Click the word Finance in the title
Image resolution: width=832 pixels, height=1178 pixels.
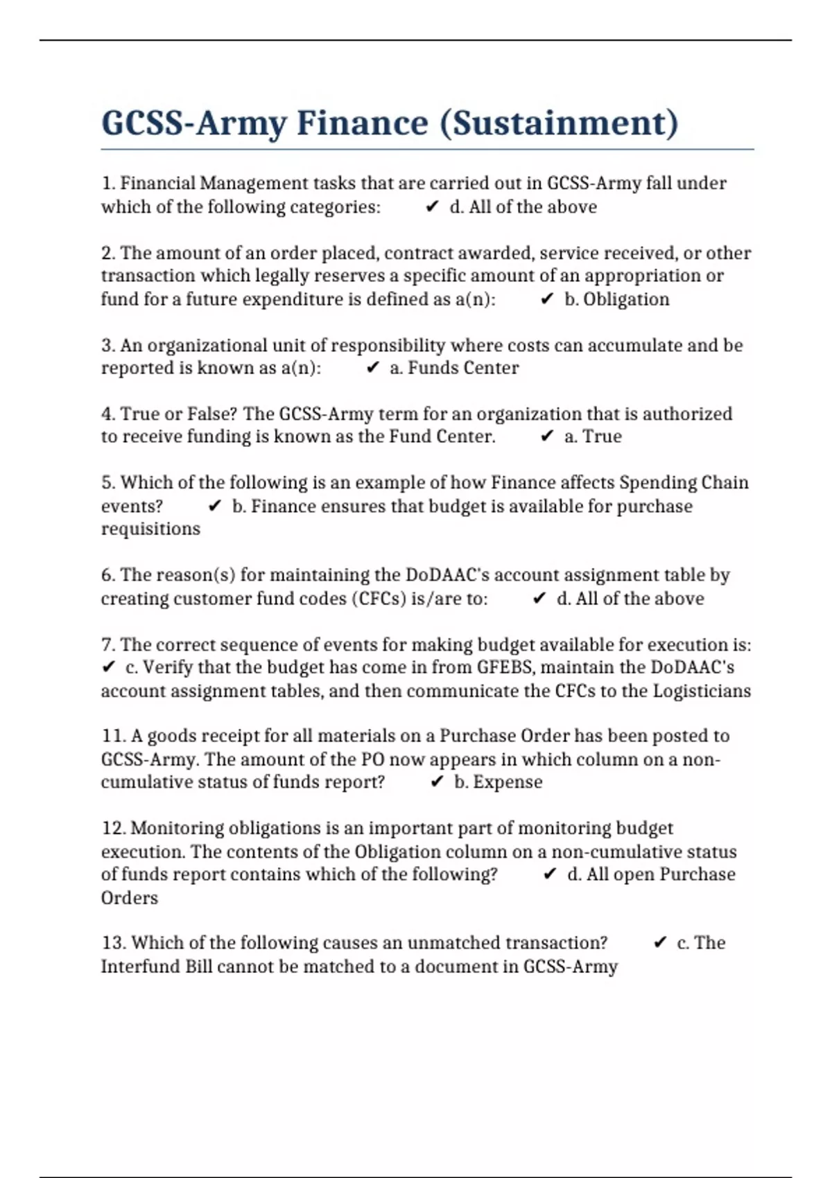point(362,123)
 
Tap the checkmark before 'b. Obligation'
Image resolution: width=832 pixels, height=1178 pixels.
point(547,299)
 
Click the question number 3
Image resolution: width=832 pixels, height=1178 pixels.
point(107,345)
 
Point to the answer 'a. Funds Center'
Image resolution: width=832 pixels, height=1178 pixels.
point(454,368)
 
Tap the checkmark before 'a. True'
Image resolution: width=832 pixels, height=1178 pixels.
point(547,436)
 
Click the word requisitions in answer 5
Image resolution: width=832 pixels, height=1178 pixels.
point(150,529)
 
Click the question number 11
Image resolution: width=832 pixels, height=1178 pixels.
point(113,736)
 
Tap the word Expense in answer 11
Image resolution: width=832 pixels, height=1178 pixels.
point(508,782)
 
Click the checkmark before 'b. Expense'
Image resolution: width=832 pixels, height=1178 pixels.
point(437,782)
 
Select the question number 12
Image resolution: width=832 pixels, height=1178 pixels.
point(113,828)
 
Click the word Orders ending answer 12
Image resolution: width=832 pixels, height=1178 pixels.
point(130,898)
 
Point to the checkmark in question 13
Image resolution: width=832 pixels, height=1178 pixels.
point(660,942)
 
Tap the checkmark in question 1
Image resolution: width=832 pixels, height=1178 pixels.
point(432,206)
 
